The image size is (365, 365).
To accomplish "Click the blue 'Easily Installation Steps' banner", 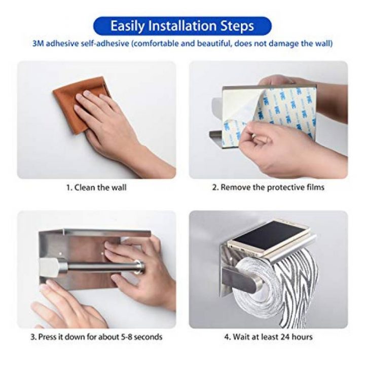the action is pyautogui.click(x=182, y=26).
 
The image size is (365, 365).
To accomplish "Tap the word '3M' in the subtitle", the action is pyautogui.click(x=38, y=44).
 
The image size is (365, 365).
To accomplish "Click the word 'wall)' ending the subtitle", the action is pyautogui.click(x=323, y=44).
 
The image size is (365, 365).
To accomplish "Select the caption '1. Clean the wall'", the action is pyautogui.click(x=96, y=188).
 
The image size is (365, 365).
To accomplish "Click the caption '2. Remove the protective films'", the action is pyautogui.click(x=268, y=187).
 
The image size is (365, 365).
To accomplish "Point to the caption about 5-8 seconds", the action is pyautogui.click(x=96, y=337).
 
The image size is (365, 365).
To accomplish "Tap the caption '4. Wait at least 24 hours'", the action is pyautogui.click(x=268, y=337).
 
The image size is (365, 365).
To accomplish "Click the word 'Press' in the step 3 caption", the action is pyautogui.click(x=47, y=337).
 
